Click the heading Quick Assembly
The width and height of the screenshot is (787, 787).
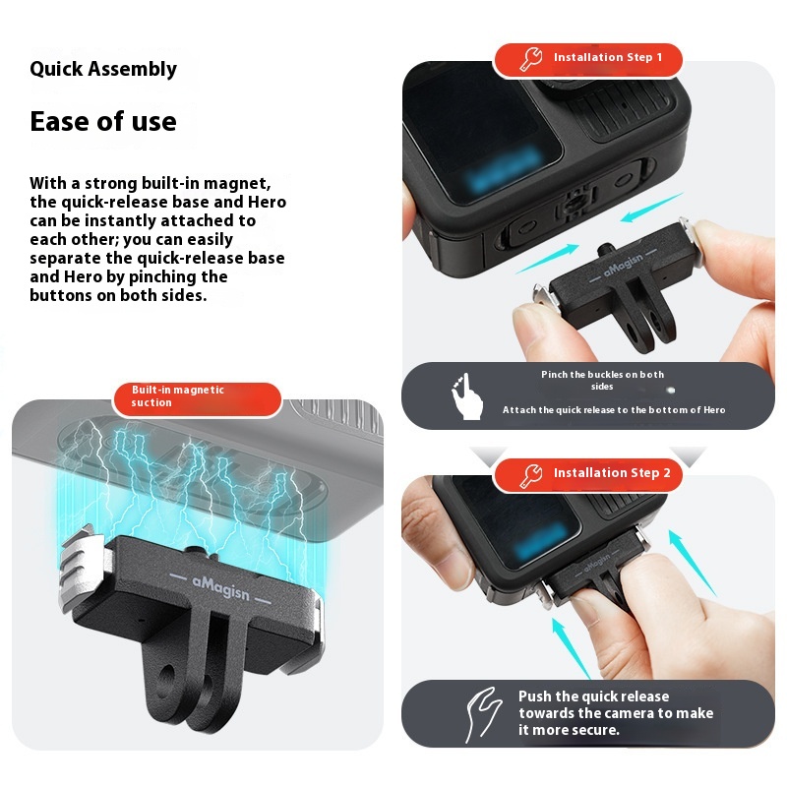(x=103, y=69)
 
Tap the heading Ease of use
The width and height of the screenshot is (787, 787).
(x=103, y=121)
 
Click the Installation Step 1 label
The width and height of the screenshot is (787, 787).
(x=608, y=57)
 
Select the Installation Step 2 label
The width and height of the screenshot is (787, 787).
(x=612, y=473)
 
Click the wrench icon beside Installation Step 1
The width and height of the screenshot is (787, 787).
(x=531, y=59)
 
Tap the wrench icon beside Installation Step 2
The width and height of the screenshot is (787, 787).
(x=531, y=475)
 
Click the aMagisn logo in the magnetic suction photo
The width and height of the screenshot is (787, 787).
(x=220, y=587)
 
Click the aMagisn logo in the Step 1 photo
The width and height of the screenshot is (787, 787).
(x=624, y=265)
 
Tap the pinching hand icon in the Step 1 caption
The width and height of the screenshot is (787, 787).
(x=467, y=396)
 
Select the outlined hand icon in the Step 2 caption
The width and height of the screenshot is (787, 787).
(x=483, y=714)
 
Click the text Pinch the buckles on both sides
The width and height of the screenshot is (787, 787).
(x=602, y=381)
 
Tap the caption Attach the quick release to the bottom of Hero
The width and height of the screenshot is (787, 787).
(x=614, y=410)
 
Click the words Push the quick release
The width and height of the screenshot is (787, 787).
(x=594, y=696)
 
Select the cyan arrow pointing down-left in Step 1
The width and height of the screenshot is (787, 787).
(x=651, y=208)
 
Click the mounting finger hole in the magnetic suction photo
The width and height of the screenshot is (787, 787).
(x=167, y=676)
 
